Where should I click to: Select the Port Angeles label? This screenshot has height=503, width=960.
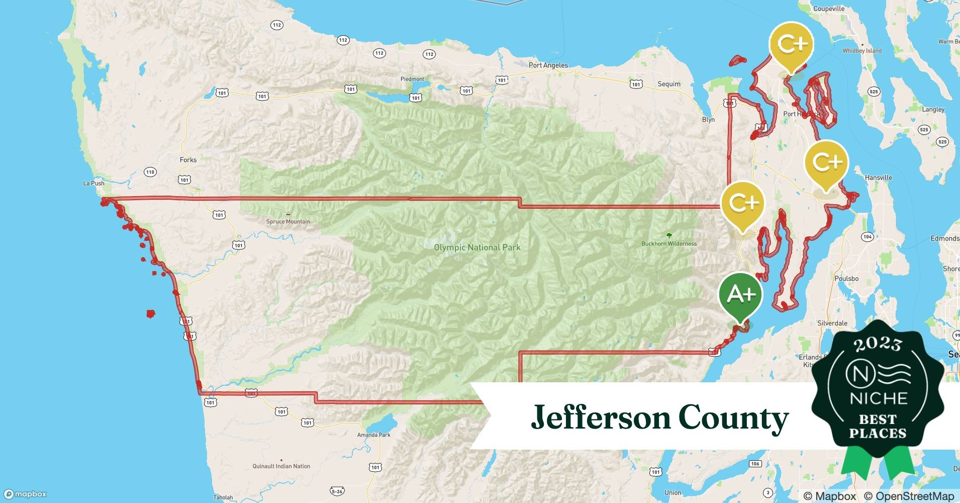click(548, 65)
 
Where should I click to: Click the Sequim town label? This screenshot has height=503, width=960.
click(669, 84)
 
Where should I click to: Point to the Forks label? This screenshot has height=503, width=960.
click(188, 160)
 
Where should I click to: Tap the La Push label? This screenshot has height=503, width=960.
click(93, 183)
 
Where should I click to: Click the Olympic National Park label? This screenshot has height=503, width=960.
click(477, 247)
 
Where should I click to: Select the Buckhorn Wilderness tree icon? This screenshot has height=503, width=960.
click(669, 235)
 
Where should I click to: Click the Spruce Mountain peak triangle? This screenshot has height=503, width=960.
click(288, 214)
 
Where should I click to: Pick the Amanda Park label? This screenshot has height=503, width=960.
click(373, 435)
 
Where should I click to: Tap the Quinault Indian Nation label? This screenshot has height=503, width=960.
click(281, 466)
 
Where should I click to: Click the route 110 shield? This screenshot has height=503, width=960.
click(150, 172)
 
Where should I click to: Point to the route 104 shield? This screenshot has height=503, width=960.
click(867, 237)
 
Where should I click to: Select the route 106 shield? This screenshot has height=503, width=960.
click(754, 464)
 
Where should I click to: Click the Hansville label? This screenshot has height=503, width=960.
click(878, 178)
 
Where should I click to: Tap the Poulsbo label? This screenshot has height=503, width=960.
click(846, 279)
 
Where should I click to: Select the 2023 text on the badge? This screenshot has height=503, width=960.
click(878, 344)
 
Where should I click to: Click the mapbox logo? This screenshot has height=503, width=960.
click(25, 494)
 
